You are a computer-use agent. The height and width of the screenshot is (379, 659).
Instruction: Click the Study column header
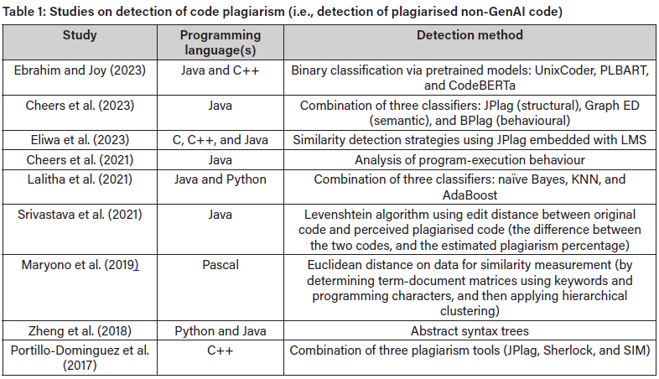80,36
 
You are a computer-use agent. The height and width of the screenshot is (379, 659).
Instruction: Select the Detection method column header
470,36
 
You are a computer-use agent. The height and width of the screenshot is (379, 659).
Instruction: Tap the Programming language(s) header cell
221,44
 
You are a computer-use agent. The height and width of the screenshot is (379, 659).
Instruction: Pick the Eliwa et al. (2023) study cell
80,139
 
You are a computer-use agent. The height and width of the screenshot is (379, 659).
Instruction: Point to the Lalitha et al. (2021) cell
80,179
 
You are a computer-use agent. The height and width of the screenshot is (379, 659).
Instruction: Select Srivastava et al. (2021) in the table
80,215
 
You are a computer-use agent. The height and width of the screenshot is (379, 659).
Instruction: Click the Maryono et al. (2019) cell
80,265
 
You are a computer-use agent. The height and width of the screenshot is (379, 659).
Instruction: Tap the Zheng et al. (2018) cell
80,331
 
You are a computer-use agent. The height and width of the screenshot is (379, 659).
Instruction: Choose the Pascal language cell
221,265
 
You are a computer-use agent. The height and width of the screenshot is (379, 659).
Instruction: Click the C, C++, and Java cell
221,139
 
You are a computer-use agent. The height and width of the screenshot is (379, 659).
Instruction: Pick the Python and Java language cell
221,331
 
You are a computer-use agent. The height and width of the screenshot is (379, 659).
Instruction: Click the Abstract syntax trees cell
470,331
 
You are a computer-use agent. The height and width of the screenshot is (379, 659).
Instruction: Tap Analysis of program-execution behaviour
470,159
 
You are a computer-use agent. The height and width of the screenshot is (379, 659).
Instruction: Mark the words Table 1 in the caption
23,11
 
